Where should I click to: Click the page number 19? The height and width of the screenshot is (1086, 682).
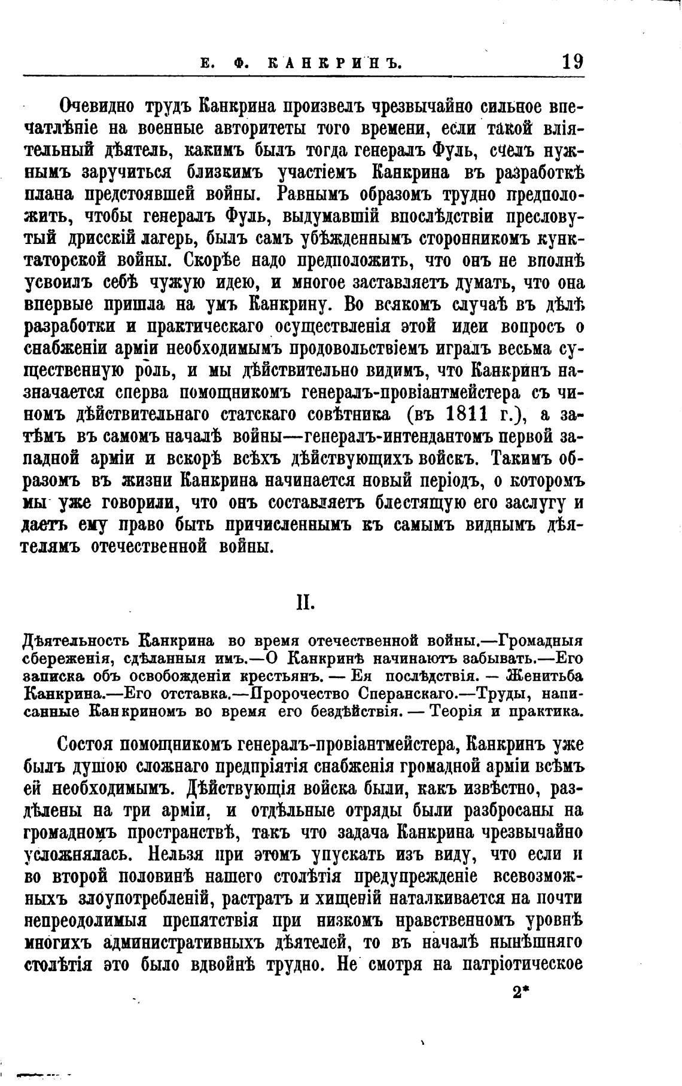pos(572,62)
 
